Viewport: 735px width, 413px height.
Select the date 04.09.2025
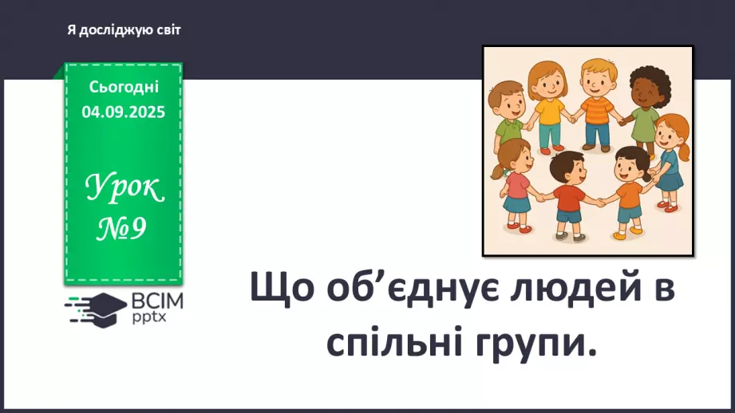click(124, 112)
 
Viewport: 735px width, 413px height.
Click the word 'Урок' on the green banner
click(124, 190)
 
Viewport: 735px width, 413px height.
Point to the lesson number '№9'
click(123, 230)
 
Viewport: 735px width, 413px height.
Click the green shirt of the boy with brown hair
click(508, 129)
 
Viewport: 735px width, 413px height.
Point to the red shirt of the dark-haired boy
click(567, 197)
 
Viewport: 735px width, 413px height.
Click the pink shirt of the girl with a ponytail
click(517, 185)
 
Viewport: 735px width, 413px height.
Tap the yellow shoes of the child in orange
click(623, 234)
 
